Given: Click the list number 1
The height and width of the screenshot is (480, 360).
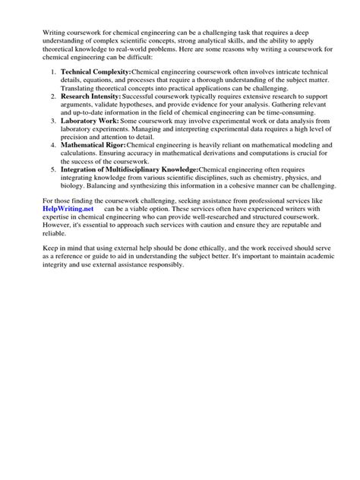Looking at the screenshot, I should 52,70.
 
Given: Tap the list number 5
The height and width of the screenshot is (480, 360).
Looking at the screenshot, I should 52,170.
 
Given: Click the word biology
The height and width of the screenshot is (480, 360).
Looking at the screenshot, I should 74,188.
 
